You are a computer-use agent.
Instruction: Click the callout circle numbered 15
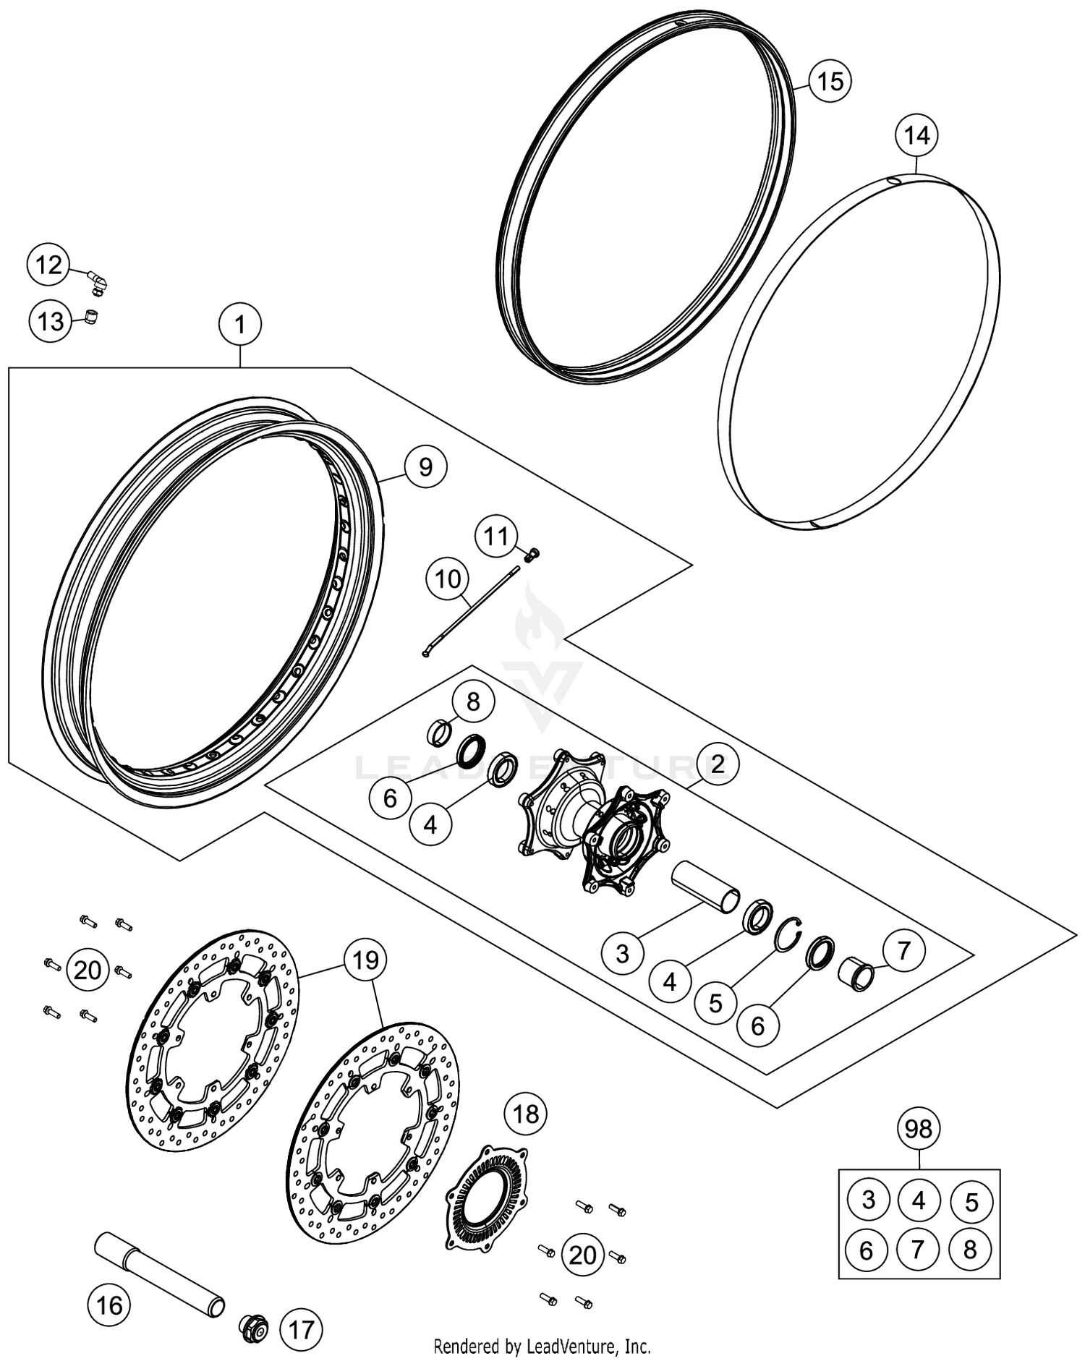point(830,80)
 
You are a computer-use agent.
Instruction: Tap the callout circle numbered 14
point(916,135)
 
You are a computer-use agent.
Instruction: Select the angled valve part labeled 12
point(97,282)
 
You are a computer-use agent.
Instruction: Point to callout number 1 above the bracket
point(240,325)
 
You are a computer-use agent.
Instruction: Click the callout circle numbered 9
point(425,466)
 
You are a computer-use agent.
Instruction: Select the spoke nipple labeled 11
point(532,555)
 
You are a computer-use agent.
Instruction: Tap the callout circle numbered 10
point(448,579)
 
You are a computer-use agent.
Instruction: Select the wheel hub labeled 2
point(593,824)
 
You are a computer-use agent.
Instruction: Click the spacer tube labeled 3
point(705,888)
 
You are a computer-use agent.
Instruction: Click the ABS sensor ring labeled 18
point(487,1197)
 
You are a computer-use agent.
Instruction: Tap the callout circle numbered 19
point(365,960)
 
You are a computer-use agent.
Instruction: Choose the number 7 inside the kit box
point(919,1249)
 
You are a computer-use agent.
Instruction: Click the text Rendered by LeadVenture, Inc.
point(542,1347)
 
